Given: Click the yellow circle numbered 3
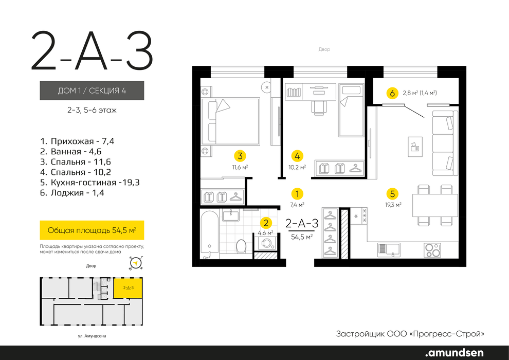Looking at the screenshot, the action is click(240, 156).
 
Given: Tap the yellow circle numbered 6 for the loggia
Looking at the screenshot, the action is click(392, 94).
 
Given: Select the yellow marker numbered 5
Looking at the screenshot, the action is click(392, 194).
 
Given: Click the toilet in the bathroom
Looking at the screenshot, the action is click(241, 246).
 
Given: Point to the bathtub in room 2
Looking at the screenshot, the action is click(209, 235).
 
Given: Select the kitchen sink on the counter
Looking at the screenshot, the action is click(389, 250).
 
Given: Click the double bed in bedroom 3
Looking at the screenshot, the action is click(231, 121).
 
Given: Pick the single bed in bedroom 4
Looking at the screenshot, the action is click(351, 110).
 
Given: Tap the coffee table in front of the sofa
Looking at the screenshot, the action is click(415, 147).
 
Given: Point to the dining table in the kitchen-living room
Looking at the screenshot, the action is click(435, 205).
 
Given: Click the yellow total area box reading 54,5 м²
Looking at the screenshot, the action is click(92, 230).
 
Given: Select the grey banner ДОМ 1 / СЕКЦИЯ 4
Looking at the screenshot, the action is click(92, 91).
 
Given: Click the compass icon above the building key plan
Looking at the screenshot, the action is click(136, 263).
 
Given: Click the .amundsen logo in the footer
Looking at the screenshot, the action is click(454, 353).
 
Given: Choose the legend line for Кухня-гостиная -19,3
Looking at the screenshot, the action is click(90, 183).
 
